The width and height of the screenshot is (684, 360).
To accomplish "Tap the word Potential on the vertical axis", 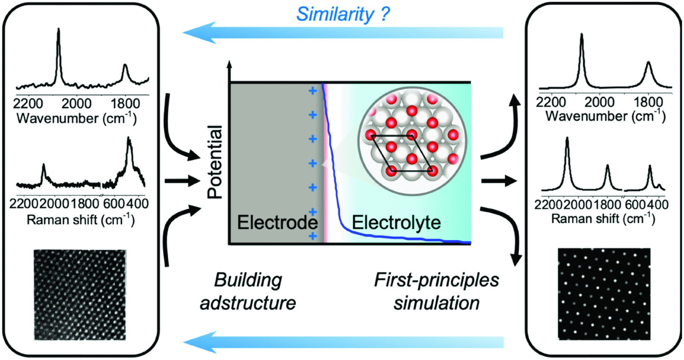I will click(215, 162).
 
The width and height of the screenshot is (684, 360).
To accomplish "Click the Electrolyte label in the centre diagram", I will click(396, 222).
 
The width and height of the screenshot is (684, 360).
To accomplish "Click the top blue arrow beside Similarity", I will click(343, 33).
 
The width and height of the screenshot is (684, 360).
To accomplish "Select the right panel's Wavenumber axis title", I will click(605, 116).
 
